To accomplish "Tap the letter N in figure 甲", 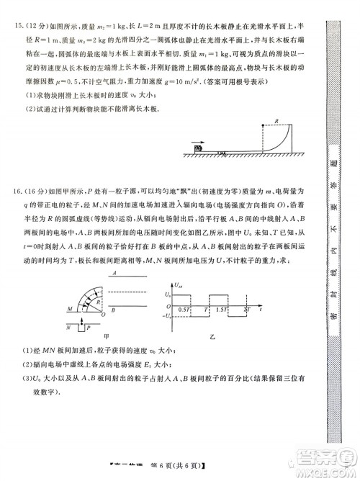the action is tap(70, 325).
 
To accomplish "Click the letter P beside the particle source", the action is tap(86, 325).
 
